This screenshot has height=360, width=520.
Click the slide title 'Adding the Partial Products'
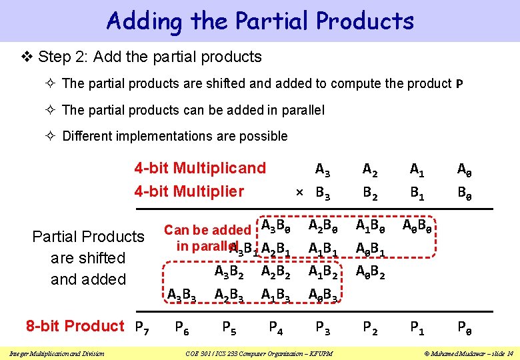point(260,21)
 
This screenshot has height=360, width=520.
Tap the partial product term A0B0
point(418,227)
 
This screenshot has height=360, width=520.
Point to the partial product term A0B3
point(323,294)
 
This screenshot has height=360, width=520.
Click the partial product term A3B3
point(181,294)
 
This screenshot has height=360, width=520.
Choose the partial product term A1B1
point(323,249)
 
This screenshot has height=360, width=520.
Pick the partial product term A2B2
point(276,272)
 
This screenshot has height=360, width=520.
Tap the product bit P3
point(323,327)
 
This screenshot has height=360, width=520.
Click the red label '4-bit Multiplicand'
point(200,168)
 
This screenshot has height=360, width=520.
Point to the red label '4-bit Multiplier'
point(189,192)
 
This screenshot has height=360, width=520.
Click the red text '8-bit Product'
point(75,326)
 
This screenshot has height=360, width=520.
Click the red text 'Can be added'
point(207,230)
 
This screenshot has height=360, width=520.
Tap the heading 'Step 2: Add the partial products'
point(149,57)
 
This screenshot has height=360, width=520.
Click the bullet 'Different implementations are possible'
point(175,136)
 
